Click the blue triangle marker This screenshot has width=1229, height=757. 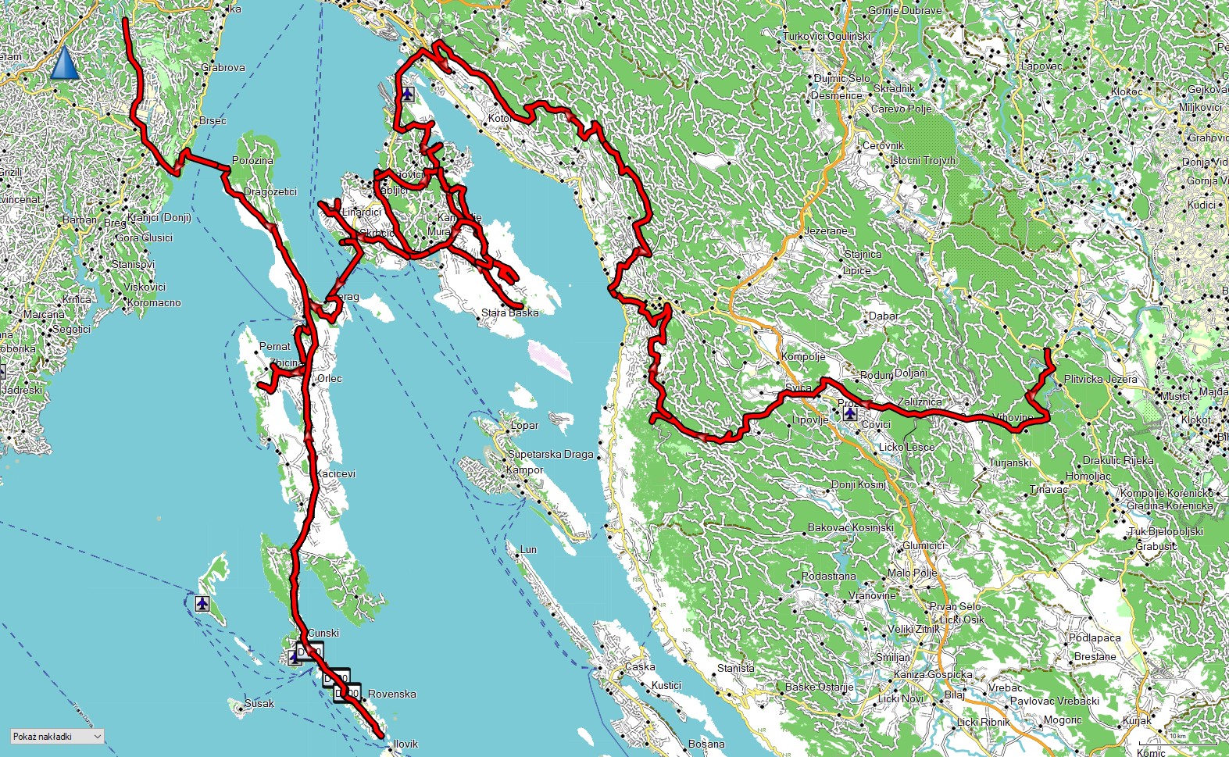65,63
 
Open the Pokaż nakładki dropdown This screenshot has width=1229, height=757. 57,736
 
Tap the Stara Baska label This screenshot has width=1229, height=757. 509,312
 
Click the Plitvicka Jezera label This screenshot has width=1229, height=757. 1100,379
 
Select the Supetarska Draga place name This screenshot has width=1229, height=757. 550,454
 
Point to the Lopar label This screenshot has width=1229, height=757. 524,426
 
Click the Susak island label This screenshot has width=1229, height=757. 259,703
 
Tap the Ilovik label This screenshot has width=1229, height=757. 405,744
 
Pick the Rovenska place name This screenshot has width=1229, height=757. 391,694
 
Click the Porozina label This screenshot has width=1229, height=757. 252,160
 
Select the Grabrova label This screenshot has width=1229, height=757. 223,67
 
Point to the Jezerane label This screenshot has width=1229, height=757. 825,231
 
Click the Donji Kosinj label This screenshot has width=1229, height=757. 858,484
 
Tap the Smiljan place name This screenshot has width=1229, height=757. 892,657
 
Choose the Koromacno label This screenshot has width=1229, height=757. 154,302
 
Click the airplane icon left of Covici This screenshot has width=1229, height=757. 849,413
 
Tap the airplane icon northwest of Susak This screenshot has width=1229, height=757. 202,603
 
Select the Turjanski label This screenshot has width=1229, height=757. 1009,462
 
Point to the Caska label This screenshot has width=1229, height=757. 640,666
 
